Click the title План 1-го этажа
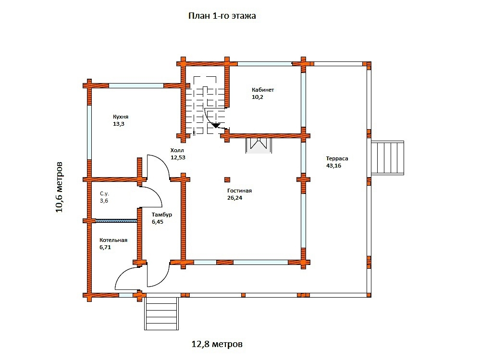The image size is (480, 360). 222,16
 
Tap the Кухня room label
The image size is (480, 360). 121,117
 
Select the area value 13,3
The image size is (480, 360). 119,124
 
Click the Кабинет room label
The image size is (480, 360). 263,90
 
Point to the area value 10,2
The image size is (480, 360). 257,97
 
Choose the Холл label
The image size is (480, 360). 177,151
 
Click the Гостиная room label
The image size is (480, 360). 239,191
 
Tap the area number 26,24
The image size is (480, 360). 234,198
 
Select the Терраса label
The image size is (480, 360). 337,159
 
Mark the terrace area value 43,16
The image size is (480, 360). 333,166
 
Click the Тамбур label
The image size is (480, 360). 162,215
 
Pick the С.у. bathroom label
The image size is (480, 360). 104,194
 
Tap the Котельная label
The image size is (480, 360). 113,240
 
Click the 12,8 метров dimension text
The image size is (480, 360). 217,344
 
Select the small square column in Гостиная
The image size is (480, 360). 227,180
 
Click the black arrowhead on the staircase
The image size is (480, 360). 216,125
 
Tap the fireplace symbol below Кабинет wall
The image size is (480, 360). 258,145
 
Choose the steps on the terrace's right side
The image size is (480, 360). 388,158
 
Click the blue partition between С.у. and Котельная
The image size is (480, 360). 116,220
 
